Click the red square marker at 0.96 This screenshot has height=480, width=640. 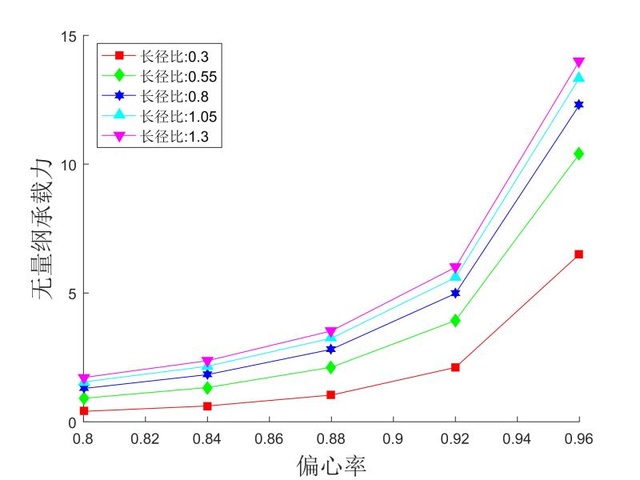pyautogui.click(x=578, y=254)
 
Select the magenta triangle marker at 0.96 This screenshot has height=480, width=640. pyautogui.click(x=578, y=62)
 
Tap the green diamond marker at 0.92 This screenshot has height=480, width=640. pyautogui.click(x=455, y=320)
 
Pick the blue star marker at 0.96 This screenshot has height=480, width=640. pyautogui.click(x=578, y=105)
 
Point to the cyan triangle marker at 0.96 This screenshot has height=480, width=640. pyautogui.click(x=578, y=78)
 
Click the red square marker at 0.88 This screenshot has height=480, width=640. pyautogui.click(x=331, y=395)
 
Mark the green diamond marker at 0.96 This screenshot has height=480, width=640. pyautogui.click(x=578, y=154)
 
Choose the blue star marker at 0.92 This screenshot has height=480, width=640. pyautogui.click(x=455, y=293)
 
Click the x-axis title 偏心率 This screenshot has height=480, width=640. pyautogui.click(x=330, y=464)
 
